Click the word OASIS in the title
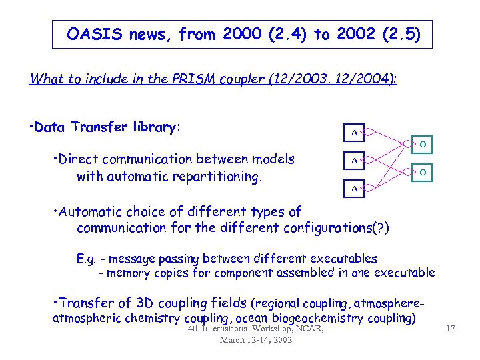93,34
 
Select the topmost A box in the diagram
354,133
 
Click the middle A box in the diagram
354,161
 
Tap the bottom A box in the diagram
354,189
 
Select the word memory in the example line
128,273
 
